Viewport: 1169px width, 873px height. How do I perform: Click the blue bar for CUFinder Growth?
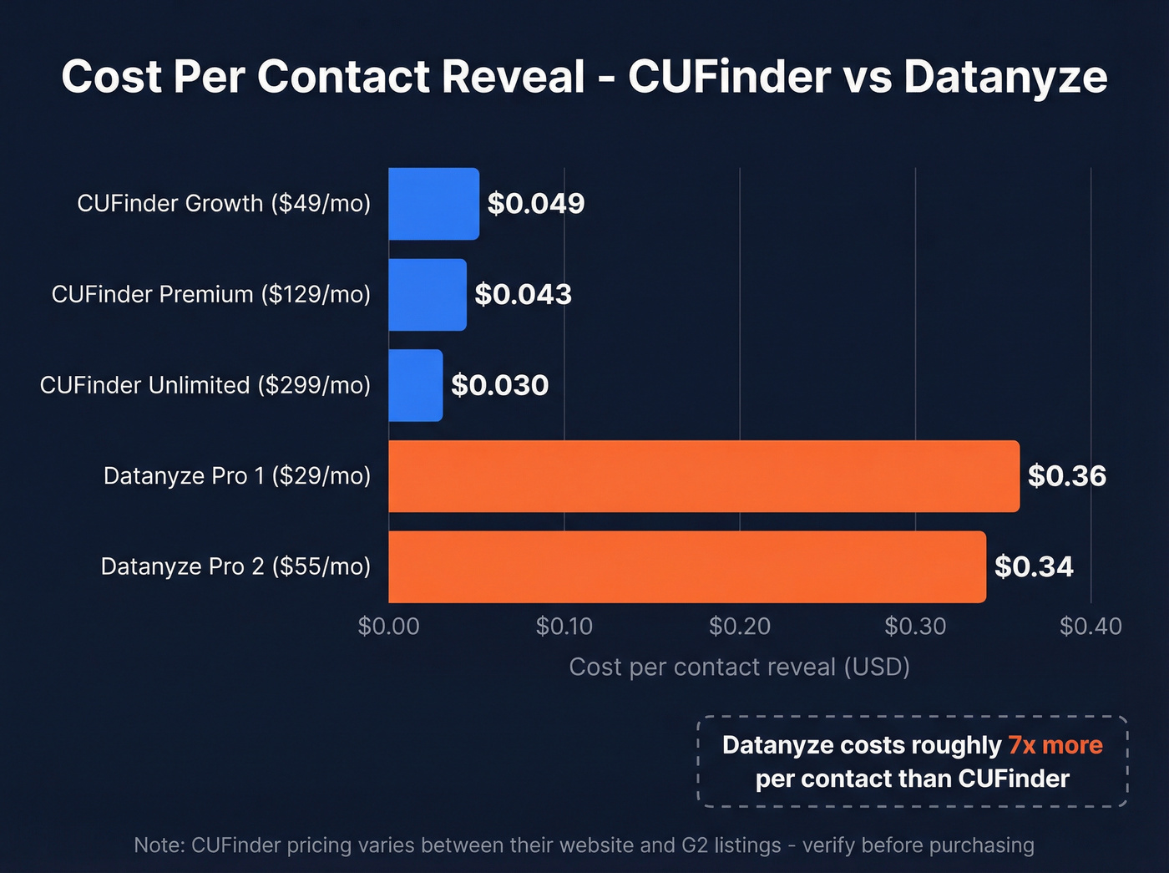(x=433, y=204)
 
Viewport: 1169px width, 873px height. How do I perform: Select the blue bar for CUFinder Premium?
(x=427, y=295)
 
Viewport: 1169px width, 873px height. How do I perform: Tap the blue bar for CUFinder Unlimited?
(x=415, y=385)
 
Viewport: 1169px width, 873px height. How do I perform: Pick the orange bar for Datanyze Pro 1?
(x=703, y=476)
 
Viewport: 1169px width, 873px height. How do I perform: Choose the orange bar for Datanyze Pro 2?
(x=686, y=566)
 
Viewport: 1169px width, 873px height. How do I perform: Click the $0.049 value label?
(x=536, y=204)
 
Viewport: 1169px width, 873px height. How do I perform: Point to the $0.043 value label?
(x=524, y=295)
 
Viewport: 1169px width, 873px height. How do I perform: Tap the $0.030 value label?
(x=500, y=385)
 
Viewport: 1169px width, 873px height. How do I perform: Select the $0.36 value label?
(x=1066, y=476)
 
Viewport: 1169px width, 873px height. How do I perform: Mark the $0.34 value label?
(x=1034, y=567)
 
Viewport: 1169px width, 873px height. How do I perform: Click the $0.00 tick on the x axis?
(x=388, y=627)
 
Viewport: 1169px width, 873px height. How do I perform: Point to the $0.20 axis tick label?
(x=739, y=627)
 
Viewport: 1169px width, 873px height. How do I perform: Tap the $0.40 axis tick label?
(x=1091, y=627)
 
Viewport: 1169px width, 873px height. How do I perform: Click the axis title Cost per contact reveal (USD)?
(x=739, y=667)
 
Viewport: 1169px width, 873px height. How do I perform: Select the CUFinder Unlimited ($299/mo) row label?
(x=205, y=385)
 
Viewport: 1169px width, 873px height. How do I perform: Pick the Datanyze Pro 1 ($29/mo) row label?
(x=237, y=476)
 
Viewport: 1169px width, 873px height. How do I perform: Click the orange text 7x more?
(x=1055, y=745)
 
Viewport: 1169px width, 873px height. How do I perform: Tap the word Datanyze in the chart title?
(x=1005, y=77)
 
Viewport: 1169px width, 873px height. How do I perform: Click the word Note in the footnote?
(x=158, y=845)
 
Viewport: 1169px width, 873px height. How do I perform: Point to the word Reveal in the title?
(x=514, y=77)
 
